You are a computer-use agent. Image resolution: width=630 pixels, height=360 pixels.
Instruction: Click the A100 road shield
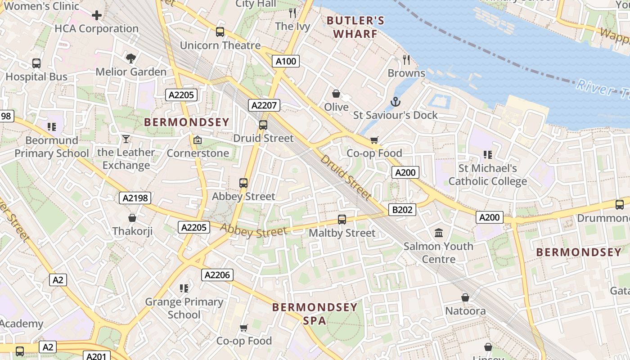point(286,61)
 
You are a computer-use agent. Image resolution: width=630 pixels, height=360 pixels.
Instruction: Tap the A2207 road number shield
point(265,105)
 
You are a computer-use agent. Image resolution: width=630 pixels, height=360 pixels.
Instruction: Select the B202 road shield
point(402,210)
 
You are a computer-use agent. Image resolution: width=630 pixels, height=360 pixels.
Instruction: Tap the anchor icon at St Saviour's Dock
point(395,102)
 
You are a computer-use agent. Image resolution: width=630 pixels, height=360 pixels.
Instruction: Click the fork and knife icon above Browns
point(406,59)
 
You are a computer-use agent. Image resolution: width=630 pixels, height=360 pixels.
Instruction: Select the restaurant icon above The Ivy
point(292,13)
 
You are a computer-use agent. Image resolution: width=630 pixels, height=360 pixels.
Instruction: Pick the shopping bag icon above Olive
point(336,94)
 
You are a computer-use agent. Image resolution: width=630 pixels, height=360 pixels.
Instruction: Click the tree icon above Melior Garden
point(131,58)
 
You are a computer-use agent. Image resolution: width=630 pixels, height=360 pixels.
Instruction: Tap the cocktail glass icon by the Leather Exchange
point(126,139)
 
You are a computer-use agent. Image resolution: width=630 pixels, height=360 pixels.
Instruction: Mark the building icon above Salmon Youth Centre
point(439,233)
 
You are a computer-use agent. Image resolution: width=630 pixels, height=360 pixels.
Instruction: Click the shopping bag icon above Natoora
point(465,297)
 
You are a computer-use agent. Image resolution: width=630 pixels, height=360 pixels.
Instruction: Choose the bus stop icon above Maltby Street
point(342,220)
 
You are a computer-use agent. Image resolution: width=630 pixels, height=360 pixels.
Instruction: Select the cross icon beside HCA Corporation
point(96,16)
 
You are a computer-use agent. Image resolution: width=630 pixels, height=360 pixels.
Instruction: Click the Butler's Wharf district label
point(355,27)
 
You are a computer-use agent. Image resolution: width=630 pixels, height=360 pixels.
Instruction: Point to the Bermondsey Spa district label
point(315,314)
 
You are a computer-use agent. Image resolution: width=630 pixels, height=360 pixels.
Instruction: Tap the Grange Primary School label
point(184,308)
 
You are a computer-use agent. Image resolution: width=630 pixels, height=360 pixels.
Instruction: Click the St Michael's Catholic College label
point(487,175)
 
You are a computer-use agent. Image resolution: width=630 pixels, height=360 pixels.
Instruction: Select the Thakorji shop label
point(132,231)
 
